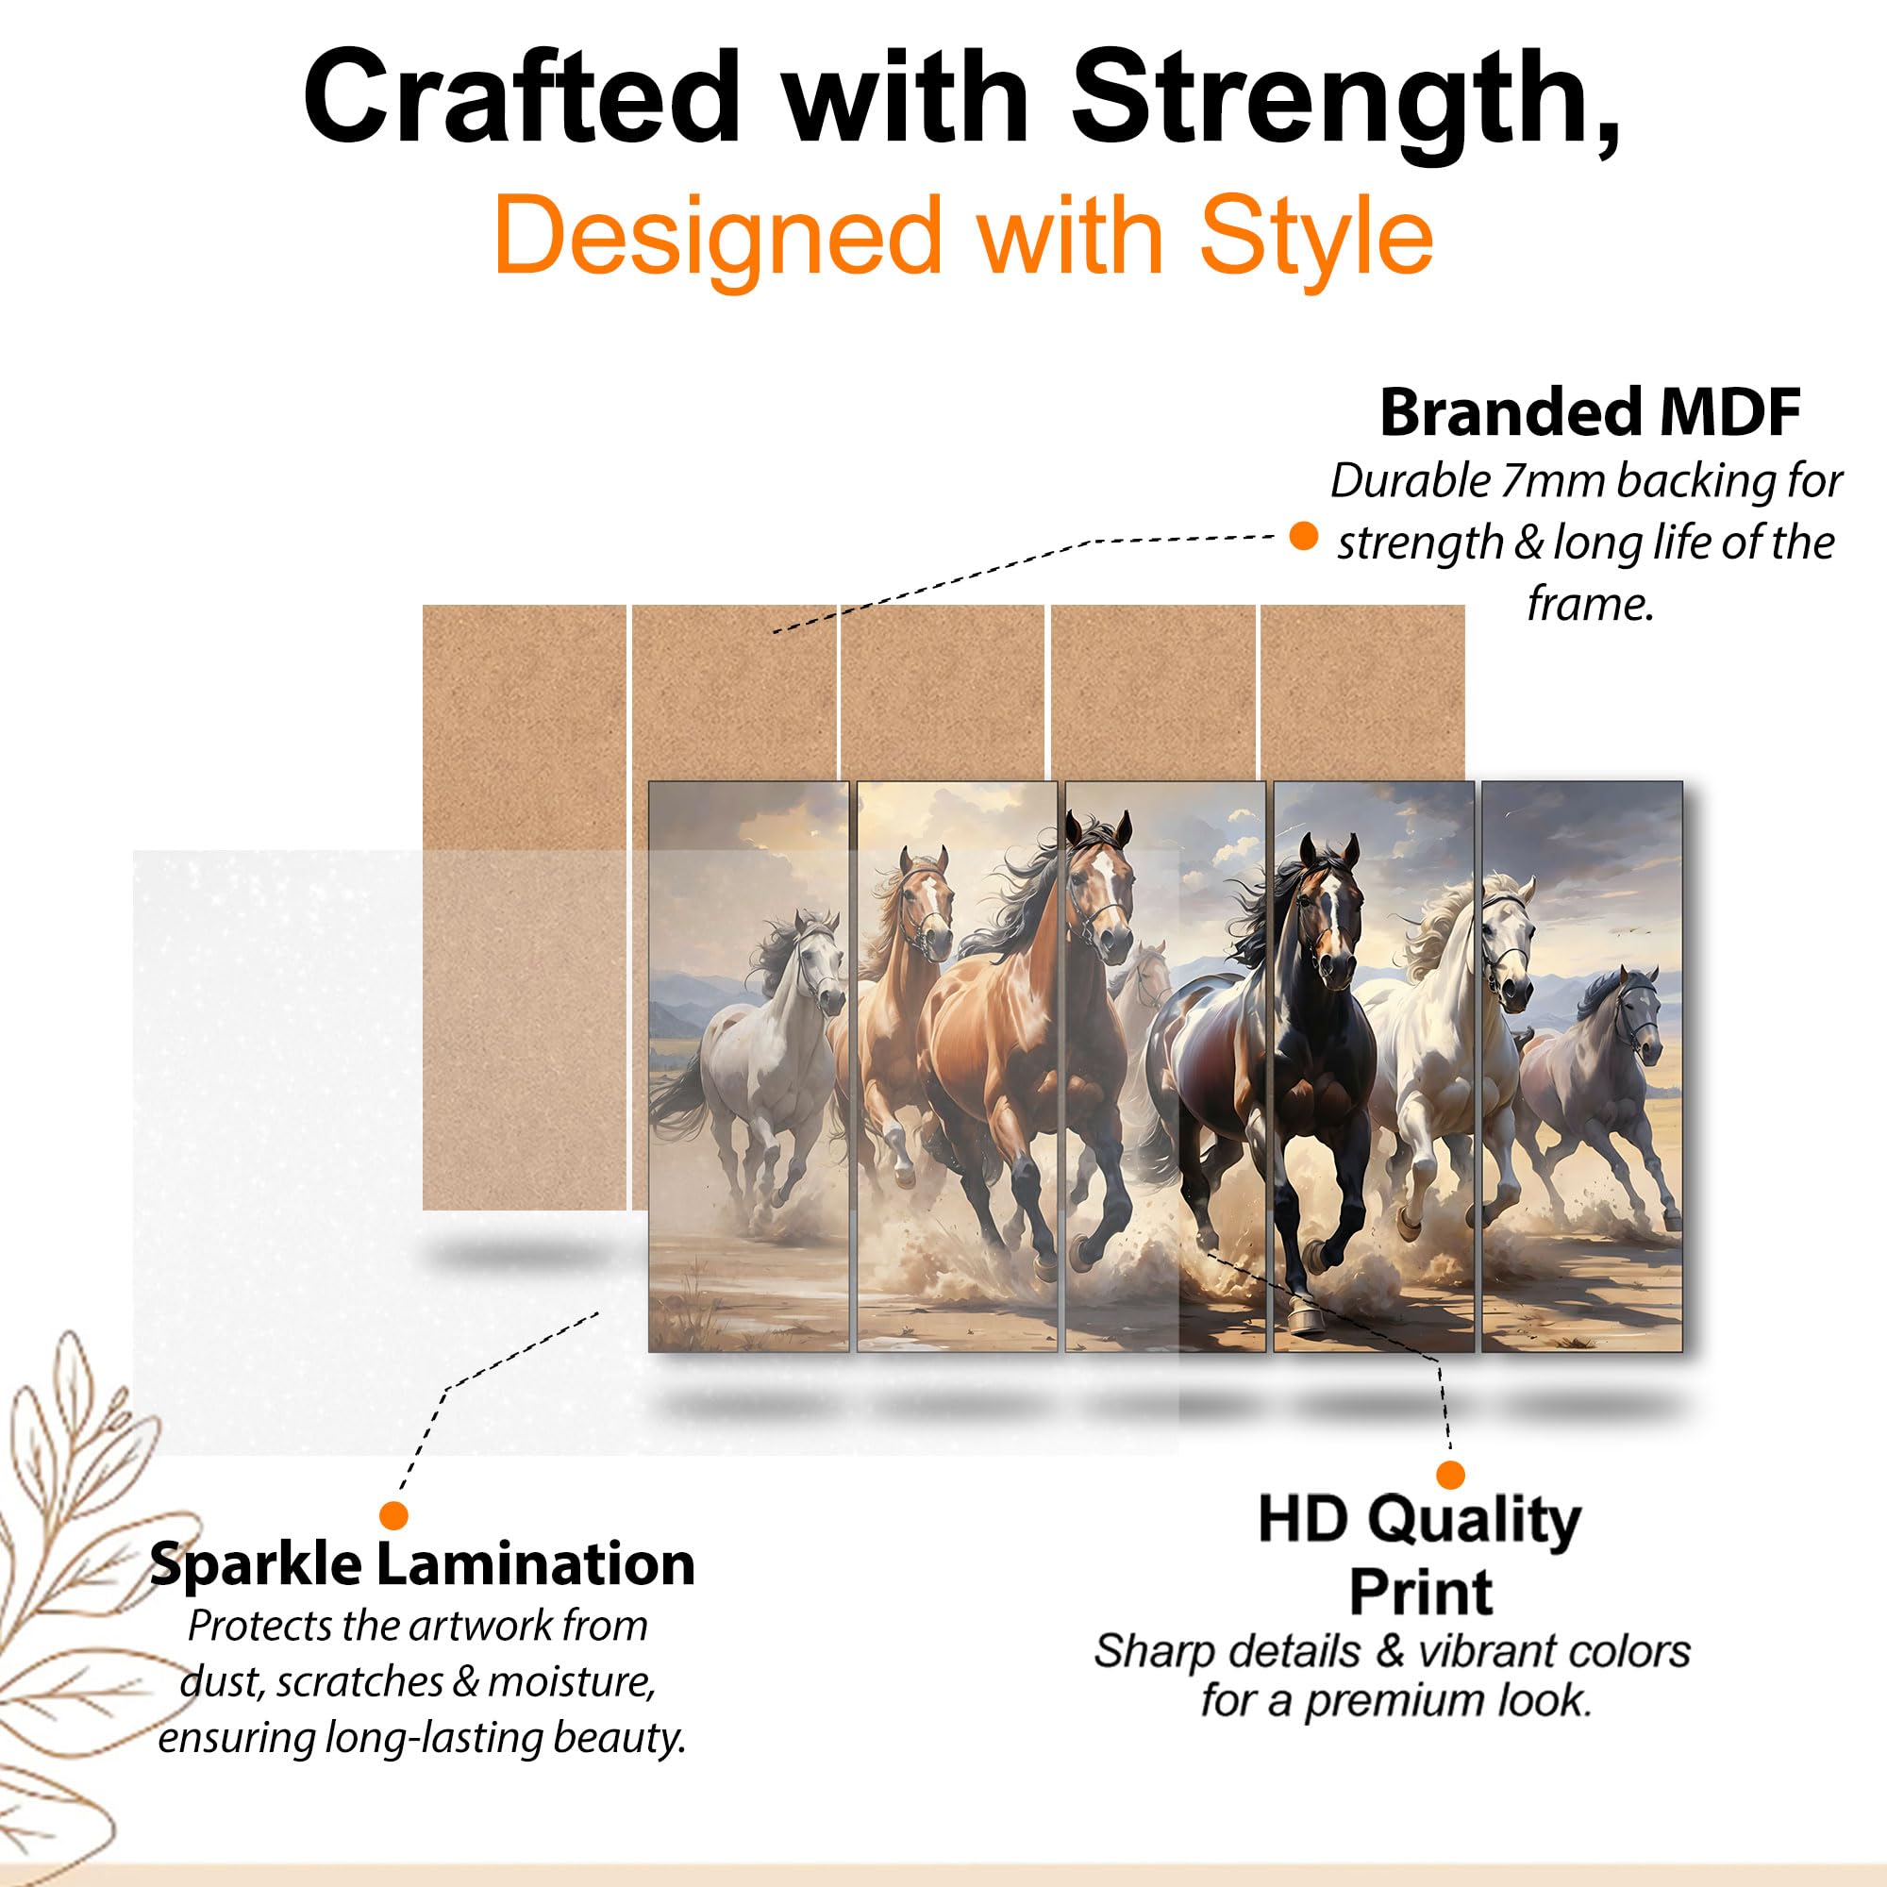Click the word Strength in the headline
point(1346,99)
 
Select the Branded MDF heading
point(1590,413)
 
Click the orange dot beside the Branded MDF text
point(1303,536)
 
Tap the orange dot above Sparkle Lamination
point(393,1516)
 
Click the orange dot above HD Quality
point(1450,1474)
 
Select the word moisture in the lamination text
point(572,1682)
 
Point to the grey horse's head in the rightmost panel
point(1636,1016)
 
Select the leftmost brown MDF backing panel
point(525,908)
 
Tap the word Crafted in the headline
point(522,99)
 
